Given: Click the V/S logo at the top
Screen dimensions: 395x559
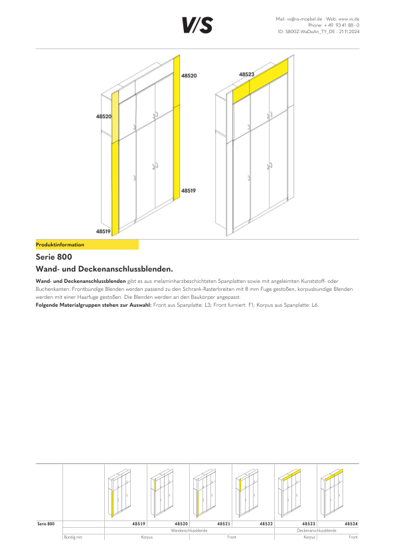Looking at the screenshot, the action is coord(198,25).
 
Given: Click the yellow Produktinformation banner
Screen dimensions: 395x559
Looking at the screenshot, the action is coord(87,244).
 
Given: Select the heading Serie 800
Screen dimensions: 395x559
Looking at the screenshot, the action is coord(54,257).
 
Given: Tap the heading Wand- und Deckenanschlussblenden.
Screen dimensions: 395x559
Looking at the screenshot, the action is coord(104,269).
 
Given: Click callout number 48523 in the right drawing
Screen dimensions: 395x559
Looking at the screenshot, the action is coord(246,74).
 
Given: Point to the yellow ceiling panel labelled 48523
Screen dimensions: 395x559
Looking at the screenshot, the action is coord(260,81).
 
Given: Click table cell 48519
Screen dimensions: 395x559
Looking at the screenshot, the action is coord(139,524).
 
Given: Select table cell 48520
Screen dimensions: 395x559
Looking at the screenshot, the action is coord(181,524).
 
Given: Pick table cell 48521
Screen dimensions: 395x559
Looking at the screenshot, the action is coord(224,524).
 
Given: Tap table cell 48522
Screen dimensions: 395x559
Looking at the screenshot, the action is coord(266,524).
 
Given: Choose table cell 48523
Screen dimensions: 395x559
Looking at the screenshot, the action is coord(309,524).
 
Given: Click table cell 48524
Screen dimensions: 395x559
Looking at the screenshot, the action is coord(351,524).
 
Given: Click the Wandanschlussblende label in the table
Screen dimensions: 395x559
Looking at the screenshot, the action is coord(189,530).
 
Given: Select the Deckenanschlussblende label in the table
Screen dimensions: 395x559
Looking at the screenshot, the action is coord(317,530).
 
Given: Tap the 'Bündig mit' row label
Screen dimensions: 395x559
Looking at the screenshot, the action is coord(73,537).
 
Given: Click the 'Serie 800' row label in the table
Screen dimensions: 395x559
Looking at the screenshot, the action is coord(46,524).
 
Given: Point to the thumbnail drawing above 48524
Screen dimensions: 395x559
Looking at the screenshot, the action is coord(332,493).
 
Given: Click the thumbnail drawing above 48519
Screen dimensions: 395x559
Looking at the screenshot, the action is coord(119,493).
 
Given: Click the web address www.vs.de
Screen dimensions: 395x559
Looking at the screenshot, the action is coord(349,19).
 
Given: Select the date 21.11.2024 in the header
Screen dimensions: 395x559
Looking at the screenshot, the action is coord(349,32).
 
